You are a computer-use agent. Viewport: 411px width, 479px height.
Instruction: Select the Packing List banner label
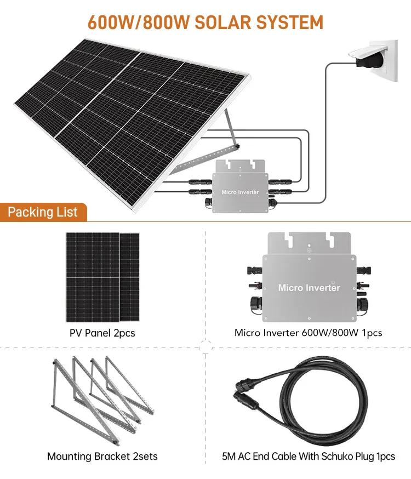[43, 212]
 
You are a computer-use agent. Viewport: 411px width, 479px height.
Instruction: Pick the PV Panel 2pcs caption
[102, 333]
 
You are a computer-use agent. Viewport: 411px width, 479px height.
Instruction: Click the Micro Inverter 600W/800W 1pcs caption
[308, 333]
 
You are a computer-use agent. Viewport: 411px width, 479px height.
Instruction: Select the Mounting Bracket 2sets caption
[102, 456]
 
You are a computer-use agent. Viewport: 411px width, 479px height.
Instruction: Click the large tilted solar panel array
[132, 115]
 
